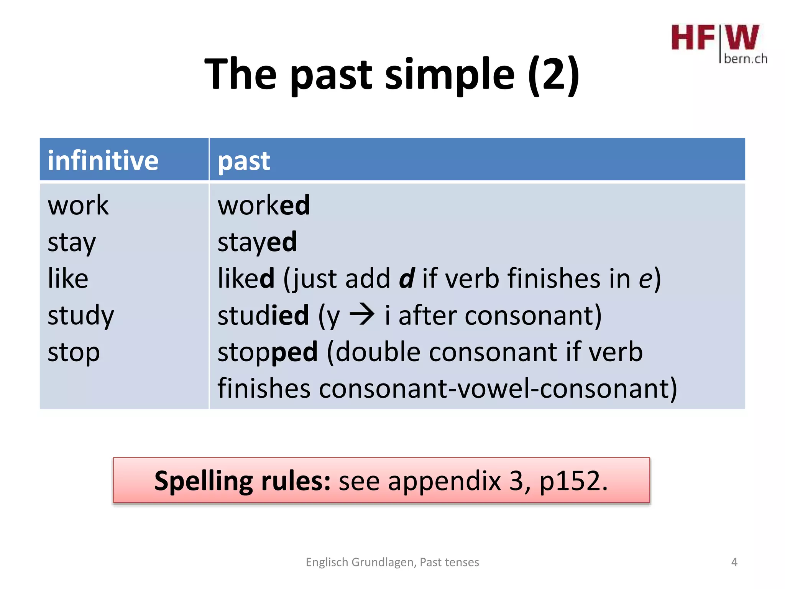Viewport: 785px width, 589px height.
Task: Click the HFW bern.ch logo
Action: point(718,43)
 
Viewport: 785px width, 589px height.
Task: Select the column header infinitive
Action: point(103,160)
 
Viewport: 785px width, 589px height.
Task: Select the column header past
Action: point(244,161)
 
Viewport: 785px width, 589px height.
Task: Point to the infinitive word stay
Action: point(72,243)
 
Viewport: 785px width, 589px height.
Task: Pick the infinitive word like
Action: point(68,278)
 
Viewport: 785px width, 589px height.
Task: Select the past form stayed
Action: point(257,243)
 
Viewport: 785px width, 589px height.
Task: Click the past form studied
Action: point(263,315)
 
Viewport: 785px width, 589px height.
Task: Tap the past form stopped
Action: point(268,352)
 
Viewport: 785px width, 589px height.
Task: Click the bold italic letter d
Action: point(406,278)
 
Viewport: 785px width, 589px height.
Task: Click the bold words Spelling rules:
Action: point(242,481)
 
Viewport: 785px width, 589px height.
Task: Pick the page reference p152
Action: point(573,482)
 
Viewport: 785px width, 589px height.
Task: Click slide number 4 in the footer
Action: point(734,562)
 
